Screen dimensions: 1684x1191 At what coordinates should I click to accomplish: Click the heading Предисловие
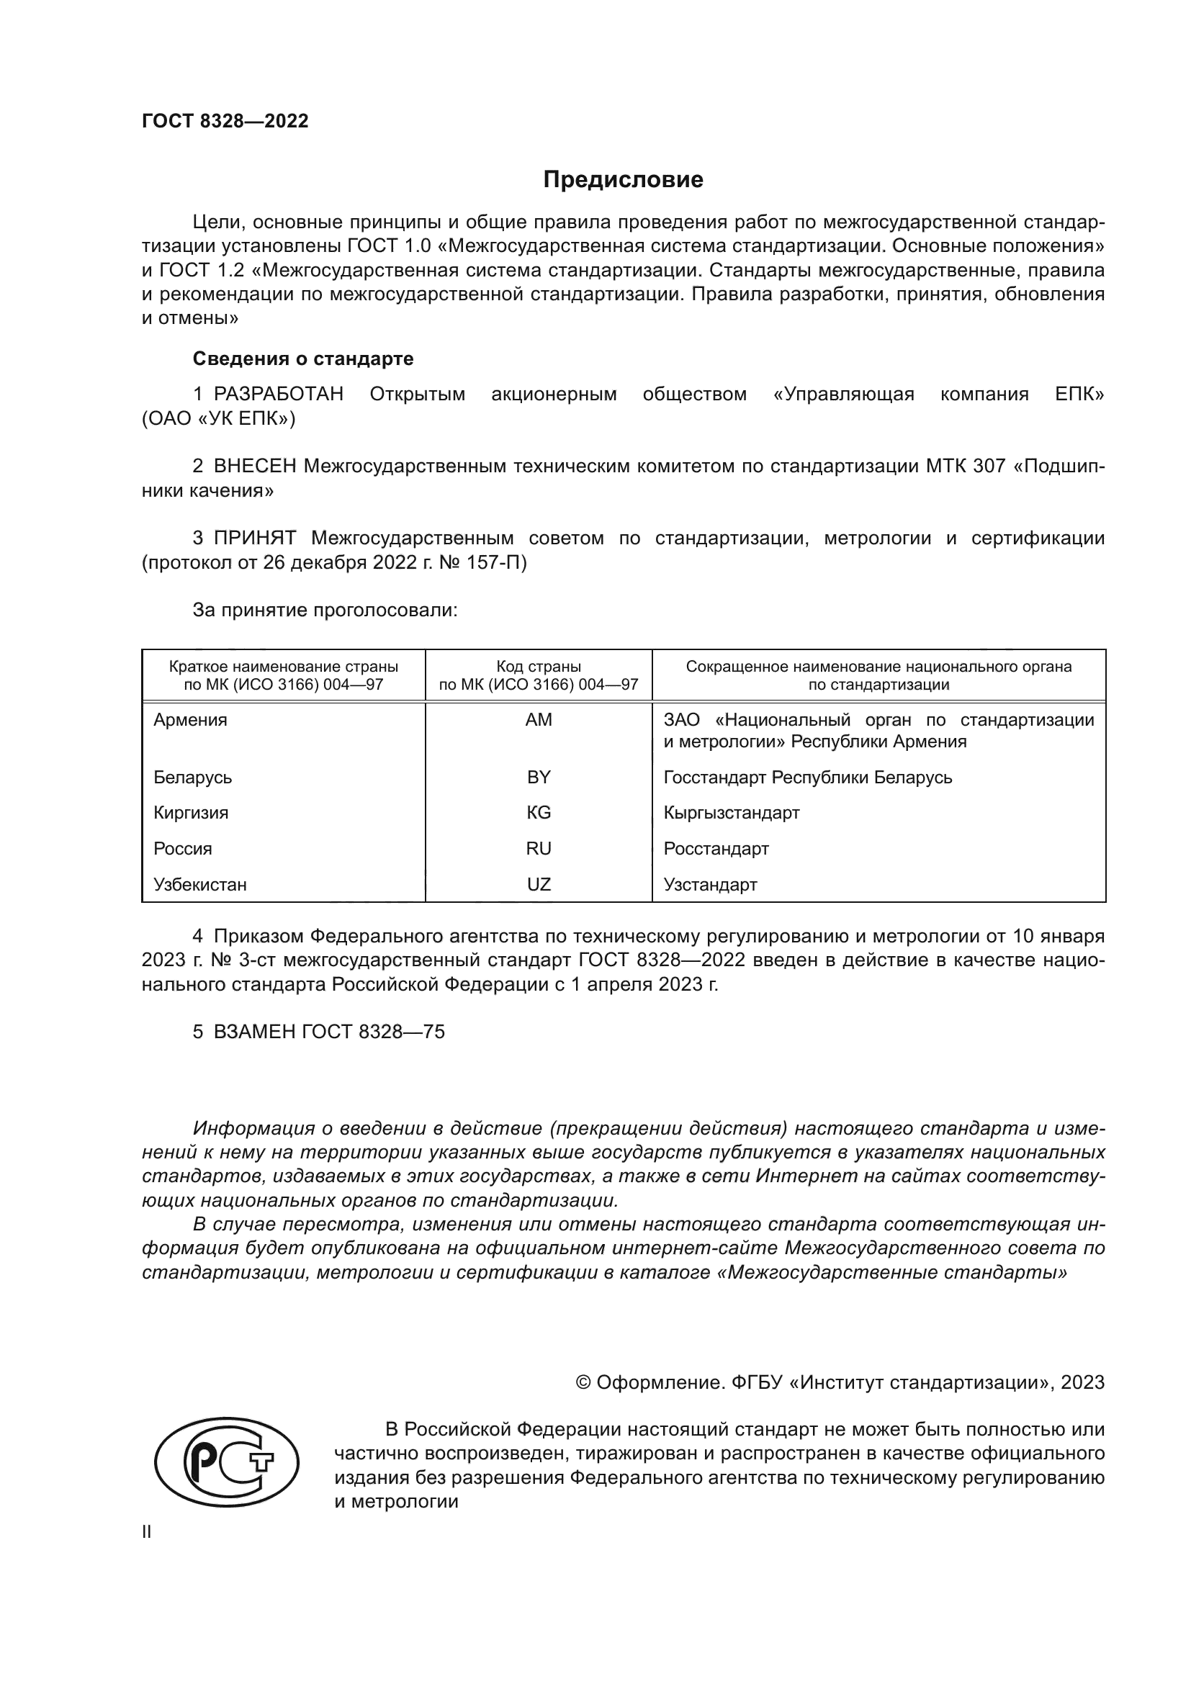(x=623, y=180)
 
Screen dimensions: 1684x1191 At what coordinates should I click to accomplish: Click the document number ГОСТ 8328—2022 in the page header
(x=225, y=121)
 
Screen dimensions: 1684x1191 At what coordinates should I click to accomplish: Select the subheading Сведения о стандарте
(x=303, y=359)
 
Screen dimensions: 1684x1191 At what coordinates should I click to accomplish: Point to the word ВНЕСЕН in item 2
(x=255, y=467)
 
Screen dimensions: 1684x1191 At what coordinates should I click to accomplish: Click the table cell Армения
(x=191, y=720)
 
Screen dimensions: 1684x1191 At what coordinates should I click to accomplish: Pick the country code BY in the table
(x=539, y=778)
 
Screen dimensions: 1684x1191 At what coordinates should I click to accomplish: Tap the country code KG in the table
(x=539, y=813)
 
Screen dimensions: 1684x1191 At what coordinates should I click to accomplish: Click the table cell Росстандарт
(x=716, y=849)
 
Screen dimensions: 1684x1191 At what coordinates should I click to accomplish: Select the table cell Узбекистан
(x=200, y=885)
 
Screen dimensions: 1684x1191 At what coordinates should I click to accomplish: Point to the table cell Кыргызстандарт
(x=731, y=813)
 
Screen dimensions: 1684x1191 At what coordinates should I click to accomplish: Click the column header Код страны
(x=539, y=667)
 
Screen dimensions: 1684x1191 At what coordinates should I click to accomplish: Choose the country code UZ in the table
(x=539, y=885)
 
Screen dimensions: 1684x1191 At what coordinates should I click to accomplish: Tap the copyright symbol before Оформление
(x=584, y=1382)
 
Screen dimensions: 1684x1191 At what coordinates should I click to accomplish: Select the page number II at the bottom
(x=147, y=1532)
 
